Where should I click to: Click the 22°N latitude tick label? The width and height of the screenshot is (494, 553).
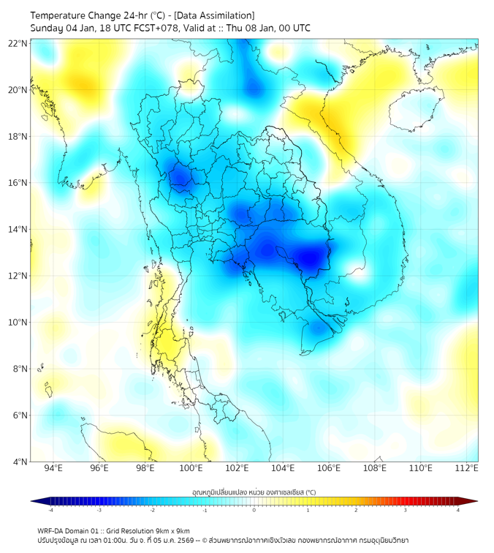coord(18,43)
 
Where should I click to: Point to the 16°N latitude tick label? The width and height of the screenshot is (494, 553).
coord(18,183)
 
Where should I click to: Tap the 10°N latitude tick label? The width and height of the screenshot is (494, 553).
coord(18,323)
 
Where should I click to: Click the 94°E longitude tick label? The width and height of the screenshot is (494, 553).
coord(53,468)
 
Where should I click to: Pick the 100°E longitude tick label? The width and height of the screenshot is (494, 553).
coord(191,468)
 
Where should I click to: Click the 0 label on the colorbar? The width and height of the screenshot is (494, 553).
coord(254,510)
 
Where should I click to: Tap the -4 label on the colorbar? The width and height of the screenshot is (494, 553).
coord(50,510)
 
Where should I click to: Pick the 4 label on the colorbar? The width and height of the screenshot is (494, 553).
coord(458,510)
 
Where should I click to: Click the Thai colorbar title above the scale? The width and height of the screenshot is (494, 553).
coord(254,492)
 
